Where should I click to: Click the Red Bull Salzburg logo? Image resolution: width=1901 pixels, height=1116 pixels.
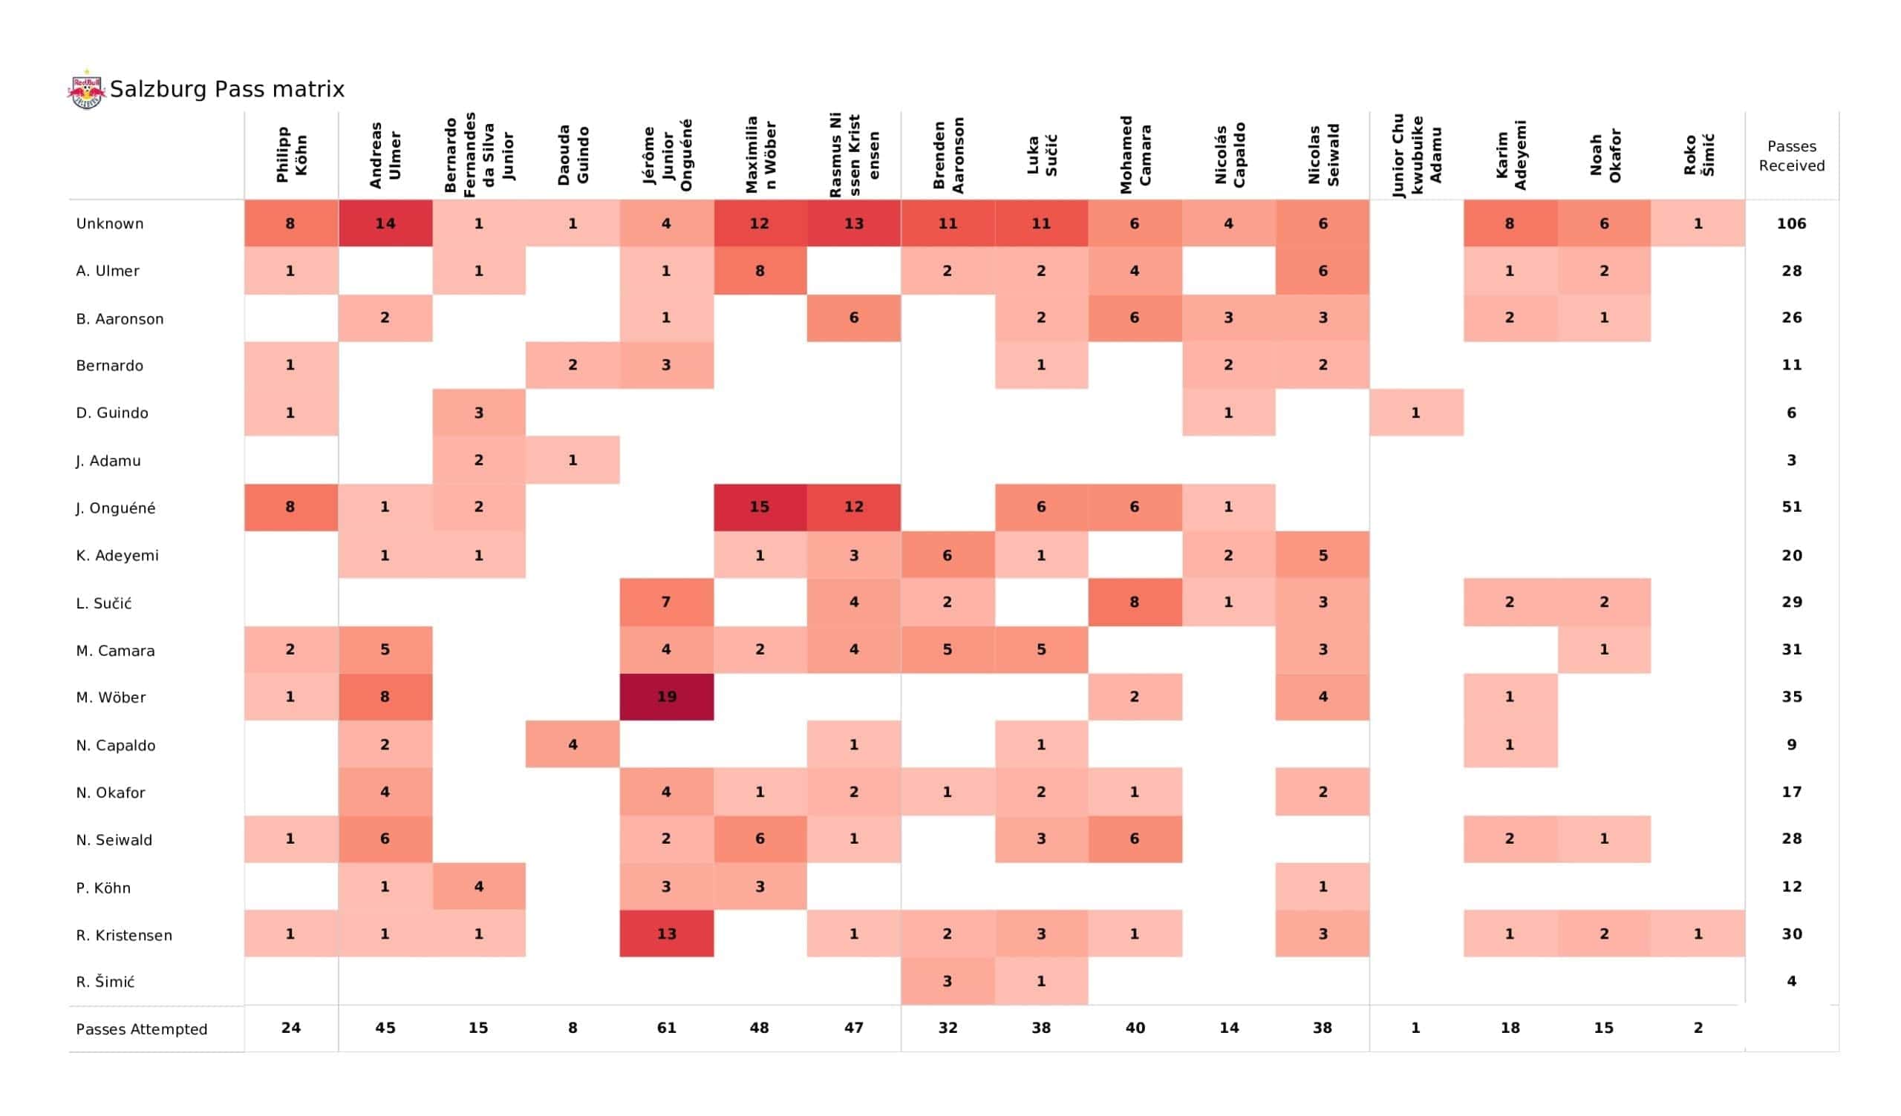pos(86,90)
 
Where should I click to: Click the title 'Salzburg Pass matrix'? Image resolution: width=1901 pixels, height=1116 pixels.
pos(227,90)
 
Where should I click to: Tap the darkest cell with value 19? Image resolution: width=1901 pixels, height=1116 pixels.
pos(666,697)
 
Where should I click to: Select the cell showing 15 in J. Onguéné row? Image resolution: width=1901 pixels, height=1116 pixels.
pos(760,508)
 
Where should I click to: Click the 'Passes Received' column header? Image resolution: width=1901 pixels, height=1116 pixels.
pos(1792,156)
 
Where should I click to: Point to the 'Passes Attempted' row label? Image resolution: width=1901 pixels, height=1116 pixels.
pos(142,1029)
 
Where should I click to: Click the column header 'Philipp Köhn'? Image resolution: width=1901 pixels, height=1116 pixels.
pos(291,155)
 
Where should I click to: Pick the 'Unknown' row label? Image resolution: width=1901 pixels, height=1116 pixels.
pos(110,224)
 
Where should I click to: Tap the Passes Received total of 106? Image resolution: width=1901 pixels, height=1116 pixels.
pos(1792,224)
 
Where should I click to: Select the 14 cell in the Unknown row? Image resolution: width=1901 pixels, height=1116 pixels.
pos(385,224)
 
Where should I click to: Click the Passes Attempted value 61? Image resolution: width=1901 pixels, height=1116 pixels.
pos(666,1028)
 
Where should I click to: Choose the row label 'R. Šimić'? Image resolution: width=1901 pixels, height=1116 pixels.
pos(105,982)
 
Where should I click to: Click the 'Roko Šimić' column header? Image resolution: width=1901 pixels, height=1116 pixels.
pos(1698,155)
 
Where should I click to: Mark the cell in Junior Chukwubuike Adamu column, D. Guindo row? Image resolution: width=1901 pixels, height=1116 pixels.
pos(1416,413)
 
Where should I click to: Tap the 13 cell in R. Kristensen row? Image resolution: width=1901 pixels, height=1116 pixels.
pos(666,933)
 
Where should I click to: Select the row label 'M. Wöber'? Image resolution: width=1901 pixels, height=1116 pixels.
pos(111,697)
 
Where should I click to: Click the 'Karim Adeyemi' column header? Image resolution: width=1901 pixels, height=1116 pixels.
pos(1510,155)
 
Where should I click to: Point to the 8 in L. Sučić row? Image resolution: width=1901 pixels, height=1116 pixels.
pos(1135,603)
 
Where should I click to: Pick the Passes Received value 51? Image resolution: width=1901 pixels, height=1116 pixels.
pos(1792,508)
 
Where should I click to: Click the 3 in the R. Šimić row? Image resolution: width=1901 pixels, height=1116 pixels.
pos(948,981)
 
